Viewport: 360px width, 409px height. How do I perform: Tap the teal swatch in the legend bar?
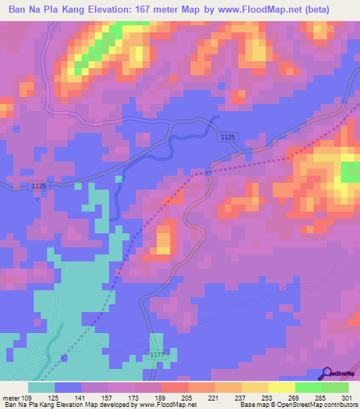(x=41, y=387)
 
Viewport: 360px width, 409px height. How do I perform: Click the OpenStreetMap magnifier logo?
(x=326, y=372)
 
